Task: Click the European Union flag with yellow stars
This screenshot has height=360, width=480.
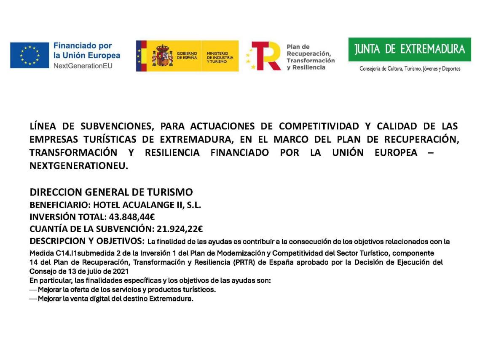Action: pyautogui.click(x=30, y=55)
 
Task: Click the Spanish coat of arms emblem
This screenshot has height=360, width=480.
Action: pyautogui.click(x=162, y=56)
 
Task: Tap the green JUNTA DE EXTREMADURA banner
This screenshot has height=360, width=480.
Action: pyautogui.click(x=410, y=49)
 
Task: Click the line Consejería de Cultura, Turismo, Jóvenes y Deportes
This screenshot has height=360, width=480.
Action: pyautogui.click(x=410, y=69)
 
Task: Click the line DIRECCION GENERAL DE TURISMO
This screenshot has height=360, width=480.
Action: pyautogui.click(x=111, y=192)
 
